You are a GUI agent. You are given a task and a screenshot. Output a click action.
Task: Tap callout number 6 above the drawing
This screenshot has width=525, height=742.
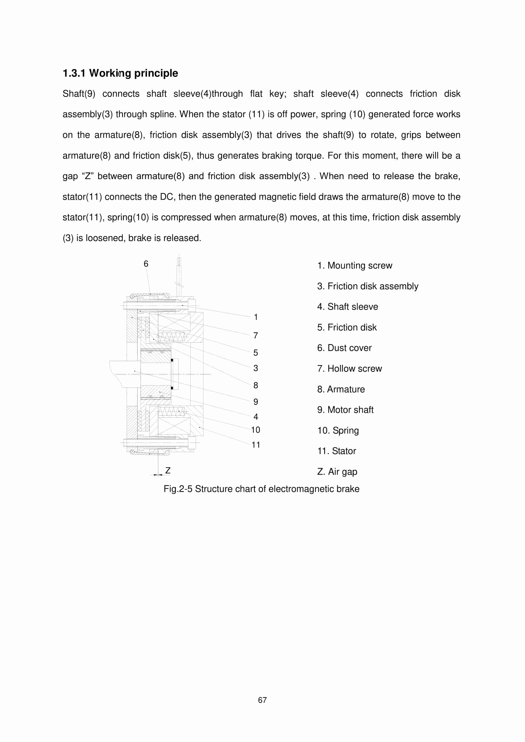point(146,264)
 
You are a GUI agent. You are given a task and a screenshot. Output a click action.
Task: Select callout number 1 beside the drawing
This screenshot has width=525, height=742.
point(256,317)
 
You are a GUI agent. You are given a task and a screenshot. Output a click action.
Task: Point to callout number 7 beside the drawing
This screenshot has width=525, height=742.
point(256,336)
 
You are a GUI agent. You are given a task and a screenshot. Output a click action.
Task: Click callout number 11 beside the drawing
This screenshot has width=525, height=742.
point(256,445)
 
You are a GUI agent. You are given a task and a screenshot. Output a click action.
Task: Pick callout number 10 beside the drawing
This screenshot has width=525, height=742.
point(255,430)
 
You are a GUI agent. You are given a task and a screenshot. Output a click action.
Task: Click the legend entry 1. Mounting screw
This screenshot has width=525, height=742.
point(355,266)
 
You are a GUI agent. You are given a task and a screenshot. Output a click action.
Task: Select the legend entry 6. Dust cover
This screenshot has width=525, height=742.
point(344,348)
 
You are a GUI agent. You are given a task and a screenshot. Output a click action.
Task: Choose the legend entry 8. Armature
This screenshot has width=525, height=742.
point(341,390)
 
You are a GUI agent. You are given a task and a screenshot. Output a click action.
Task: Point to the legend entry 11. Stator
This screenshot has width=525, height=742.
point(337,451)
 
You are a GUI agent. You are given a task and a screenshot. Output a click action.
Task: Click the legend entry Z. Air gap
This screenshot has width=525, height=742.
point(337,472)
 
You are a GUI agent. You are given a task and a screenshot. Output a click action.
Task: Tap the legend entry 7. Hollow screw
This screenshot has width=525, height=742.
point(350,369)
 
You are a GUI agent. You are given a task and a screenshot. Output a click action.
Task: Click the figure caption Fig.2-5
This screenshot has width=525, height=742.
point(261,489)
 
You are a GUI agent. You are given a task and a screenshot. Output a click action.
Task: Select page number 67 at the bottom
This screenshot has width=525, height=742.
point(262,700)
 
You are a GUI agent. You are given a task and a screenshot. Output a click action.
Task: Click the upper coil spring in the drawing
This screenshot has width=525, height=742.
point(172,337)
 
